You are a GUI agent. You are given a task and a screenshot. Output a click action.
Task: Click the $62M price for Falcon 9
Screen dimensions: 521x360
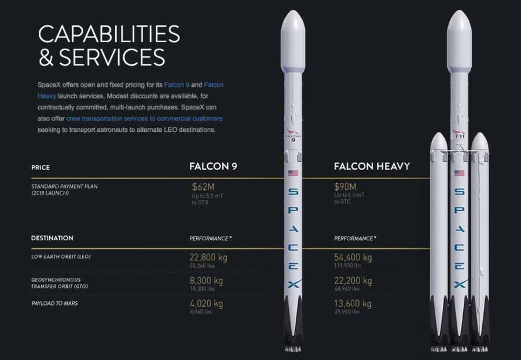tap(203, 187)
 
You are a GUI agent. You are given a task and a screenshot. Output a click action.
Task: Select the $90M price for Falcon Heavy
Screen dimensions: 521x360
tap(345, 187)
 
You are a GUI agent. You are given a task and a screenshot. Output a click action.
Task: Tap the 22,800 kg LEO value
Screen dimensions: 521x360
tap(208, 258)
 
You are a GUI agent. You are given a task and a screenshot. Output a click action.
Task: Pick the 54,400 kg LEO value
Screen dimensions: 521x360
tap(353, 258)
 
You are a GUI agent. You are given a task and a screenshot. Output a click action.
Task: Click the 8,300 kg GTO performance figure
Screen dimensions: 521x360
tap(206, 281)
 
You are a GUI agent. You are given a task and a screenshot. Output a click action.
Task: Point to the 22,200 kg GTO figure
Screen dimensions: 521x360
tap(353, 281)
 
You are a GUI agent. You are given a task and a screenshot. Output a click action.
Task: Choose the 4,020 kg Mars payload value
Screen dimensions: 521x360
tap(206, 303)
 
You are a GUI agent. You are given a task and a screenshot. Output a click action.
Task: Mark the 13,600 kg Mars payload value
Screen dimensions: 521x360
tap(353, 303)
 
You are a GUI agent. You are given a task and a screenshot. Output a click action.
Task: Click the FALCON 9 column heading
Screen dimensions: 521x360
tap(213, 166)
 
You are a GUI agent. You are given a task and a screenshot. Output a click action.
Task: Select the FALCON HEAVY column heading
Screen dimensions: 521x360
tap(372, 166)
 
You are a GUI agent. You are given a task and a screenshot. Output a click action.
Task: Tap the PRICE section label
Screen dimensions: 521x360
tap(41, 168)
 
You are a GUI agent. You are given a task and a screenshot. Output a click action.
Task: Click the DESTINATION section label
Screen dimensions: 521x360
tap(52, 238)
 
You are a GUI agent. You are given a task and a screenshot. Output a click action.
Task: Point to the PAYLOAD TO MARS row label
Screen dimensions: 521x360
tap(54, 303)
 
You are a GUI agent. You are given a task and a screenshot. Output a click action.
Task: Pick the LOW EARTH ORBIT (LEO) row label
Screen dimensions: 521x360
tap(61, 256)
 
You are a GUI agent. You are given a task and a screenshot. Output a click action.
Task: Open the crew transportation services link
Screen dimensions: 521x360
tap(144, 119)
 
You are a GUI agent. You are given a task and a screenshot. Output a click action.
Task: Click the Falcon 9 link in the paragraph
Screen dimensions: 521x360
tap(177, 85)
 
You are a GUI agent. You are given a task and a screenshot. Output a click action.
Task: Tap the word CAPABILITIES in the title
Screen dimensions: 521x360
tap(109, 34)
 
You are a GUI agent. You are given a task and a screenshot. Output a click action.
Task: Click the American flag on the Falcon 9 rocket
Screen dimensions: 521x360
tap(293, 173)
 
